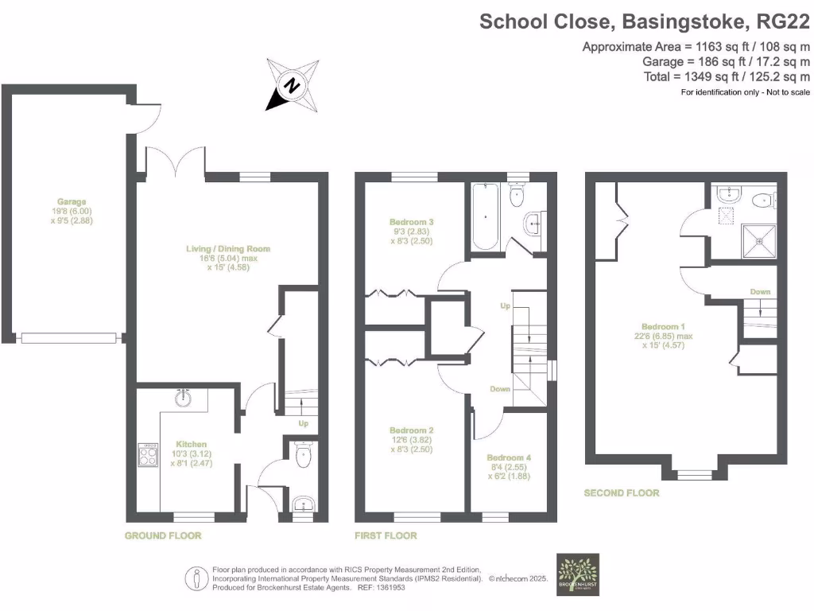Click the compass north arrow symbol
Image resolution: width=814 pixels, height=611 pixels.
pyautogui.click(x=291, y=84)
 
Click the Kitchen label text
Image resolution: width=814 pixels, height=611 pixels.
pyautogui.click(x=192, y=444)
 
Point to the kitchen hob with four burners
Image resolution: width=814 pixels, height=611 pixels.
pyautogui.click(x=149, y=454)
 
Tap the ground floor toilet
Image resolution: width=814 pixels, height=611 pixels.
pyautogui.click(x=302, y=457)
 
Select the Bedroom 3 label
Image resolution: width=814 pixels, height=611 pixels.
pyautogui.click(x=412, y=222)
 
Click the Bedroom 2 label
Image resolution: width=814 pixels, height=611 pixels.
pyautogui.click(x=412, y=430)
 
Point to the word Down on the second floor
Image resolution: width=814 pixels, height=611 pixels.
pyautogui.click(x=761, y=292)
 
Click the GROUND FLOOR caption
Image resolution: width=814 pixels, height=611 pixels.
pyautogui.click(x=163, y=535)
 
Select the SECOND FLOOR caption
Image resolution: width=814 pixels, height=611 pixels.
pyautogui.click(x=622, y=492)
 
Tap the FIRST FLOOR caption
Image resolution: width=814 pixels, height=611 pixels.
pyautogui.click(x=386, y=535)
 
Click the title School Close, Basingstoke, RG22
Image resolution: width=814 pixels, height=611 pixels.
pyautogui.click(x=644, y=21)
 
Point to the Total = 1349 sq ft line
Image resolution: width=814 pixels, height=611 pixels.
pyautogui.click(x=727, y=76)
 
